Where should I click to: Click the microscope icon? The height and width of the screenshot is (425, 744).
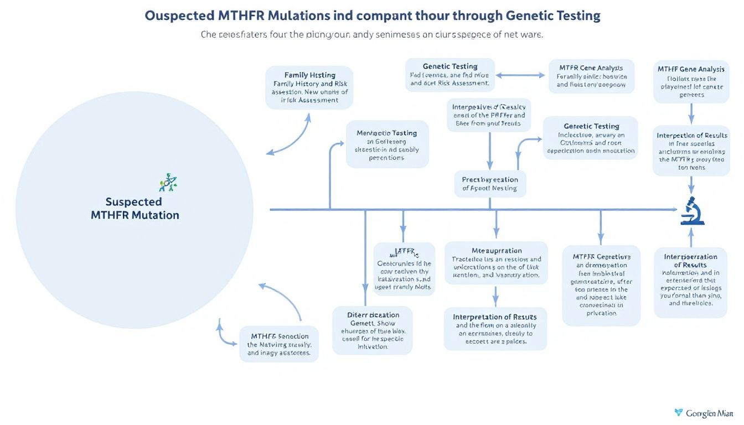click(x=692, y=211)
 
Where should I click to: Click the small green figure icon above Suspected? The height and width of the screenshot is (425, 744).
click(x=168, y=182)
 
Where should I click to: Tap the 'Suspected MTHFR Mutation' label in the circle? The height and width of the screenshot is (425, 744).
click(x=135, y=209)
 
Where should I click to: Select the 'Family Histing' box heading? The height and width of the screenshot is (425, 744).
click(x=309, y=75)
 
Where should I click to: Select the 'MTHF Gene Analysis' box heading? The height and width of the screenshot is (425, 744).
click(x=690, y=69)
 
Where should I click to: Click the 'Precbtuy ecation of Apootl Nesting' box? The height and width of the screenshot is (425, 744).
click(x=489, y=184)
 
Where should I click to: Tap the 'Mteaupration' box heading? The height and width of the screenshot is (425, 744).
click(x=496, y=250)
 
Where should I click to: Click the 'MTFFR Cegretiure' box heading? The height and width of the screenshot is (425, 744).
click(x=601, y=256)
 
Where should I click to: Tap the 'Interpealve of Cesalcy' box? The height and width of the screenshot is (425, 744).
click(x=488, y=115)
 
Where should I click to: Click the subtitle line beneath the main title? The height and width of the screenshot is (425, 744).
click(x=371, y=34)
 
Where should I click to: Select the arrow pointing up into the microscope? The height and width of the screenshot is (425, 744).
click(x=691, y=236)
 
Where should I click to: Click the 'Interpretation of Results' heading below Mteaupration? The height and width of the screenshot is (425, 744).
click(x=494, y=317)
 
